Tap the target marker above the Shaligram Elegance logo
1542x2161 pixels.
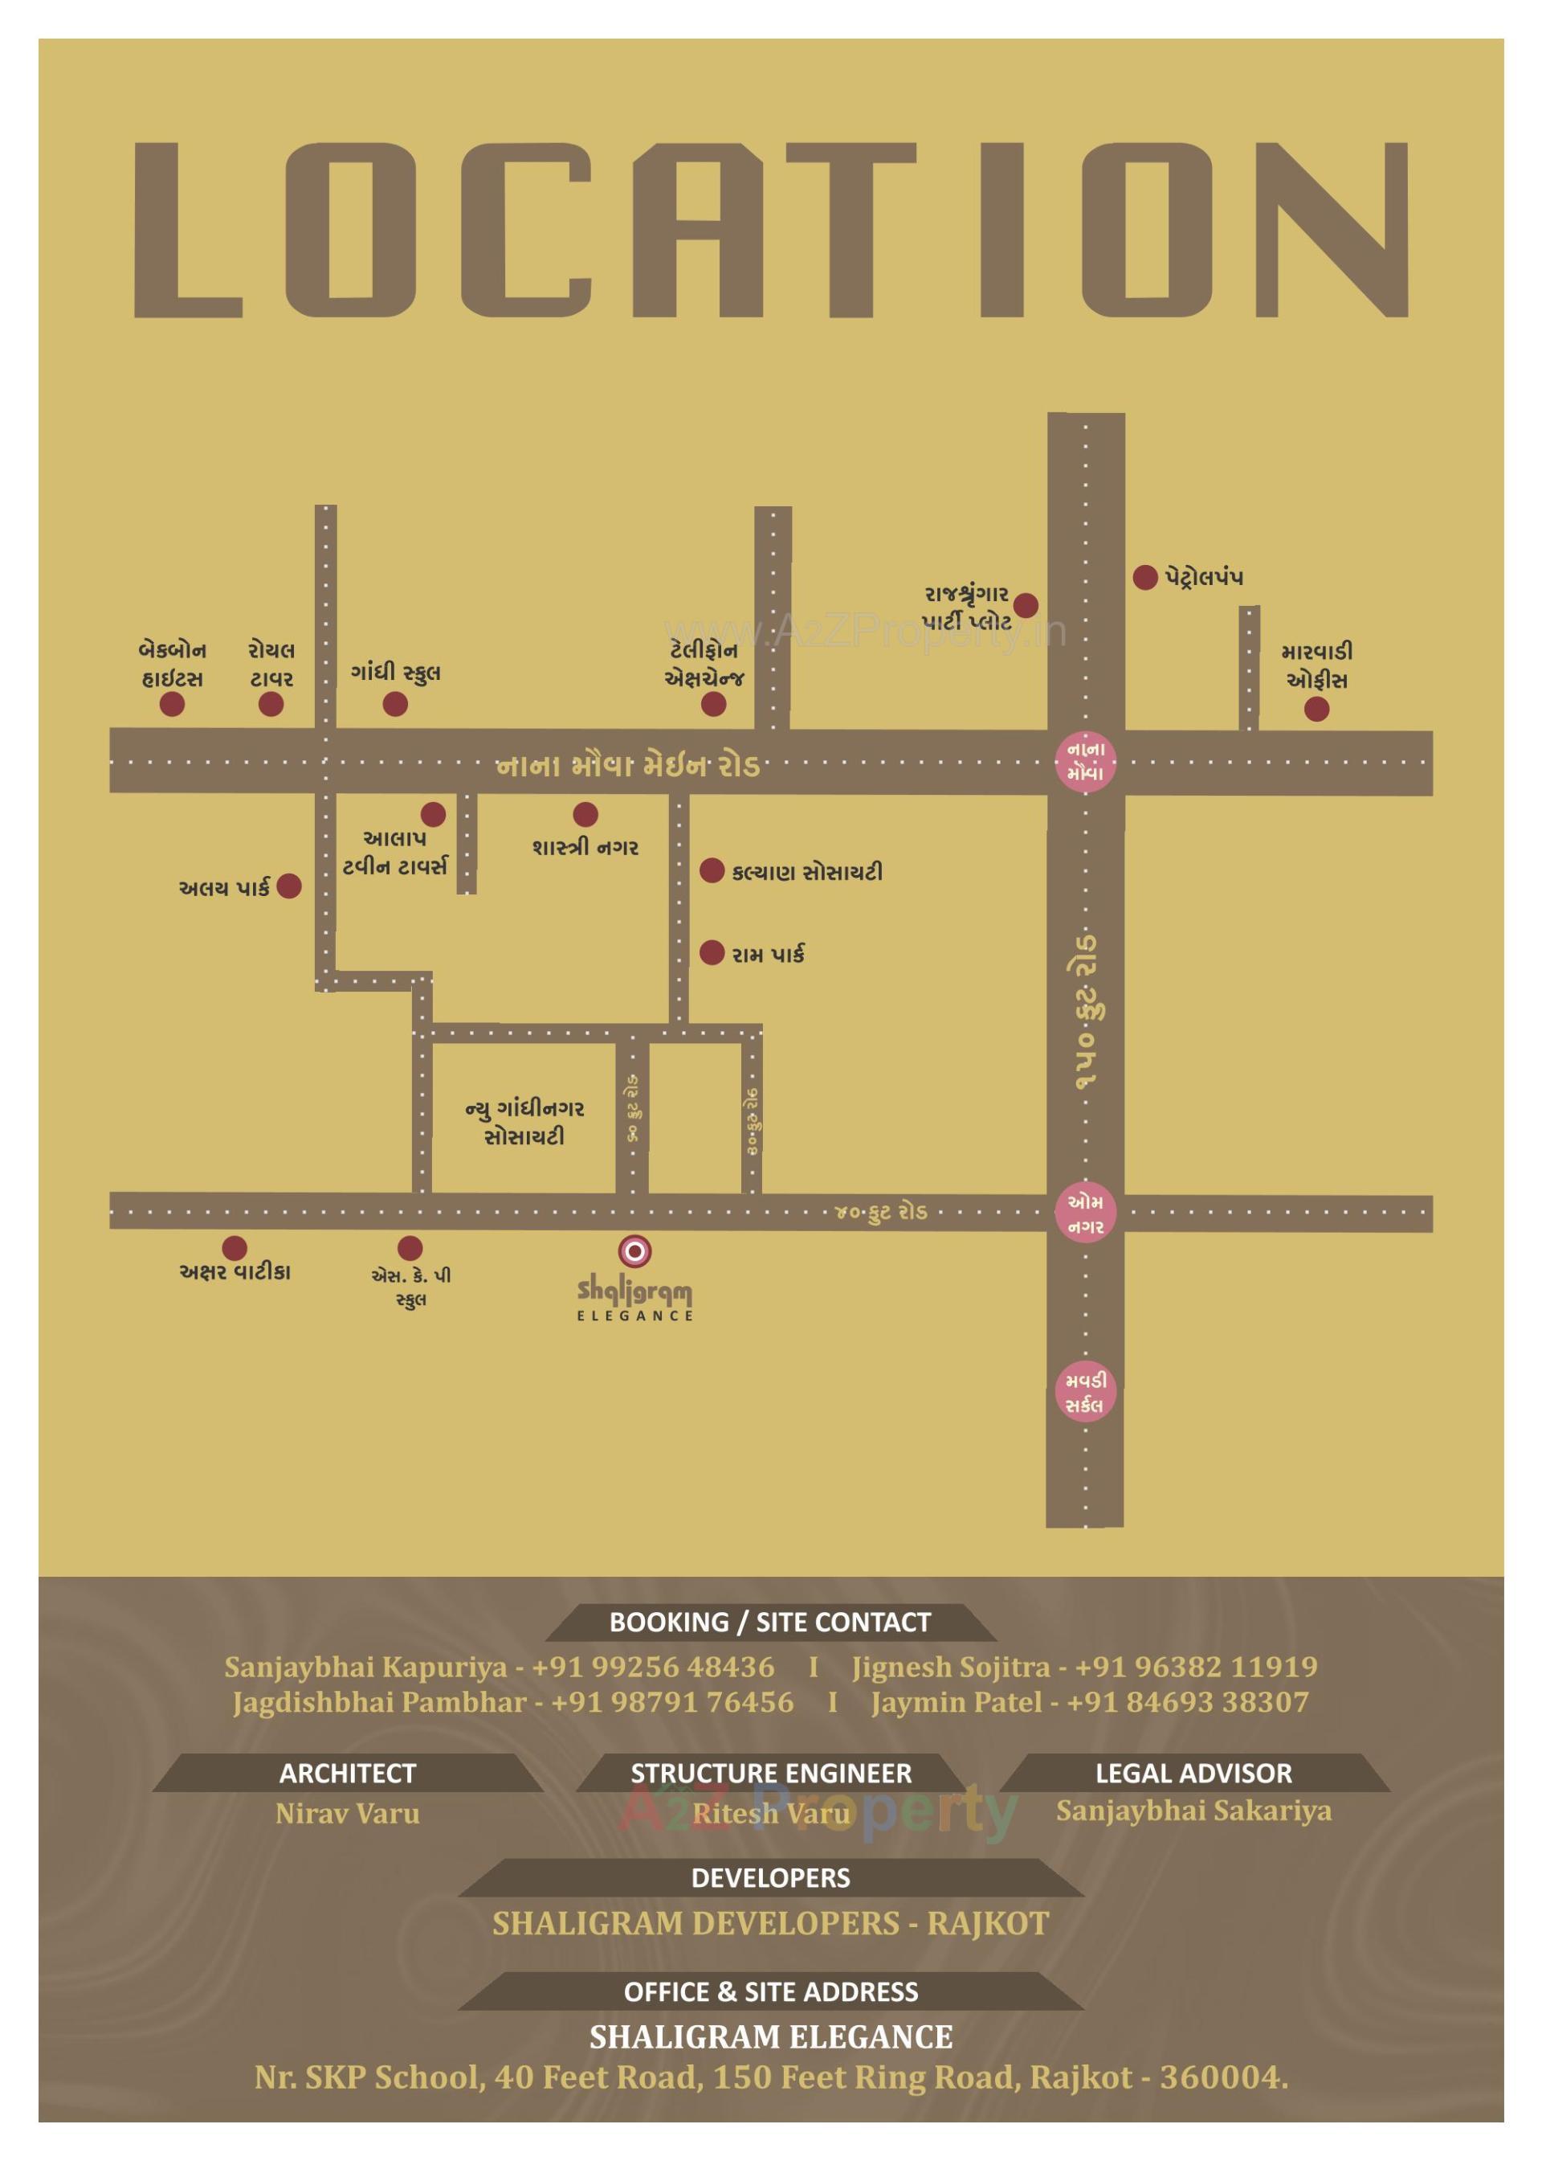(634, 1251)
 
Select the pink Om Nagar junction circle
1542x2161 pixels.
(1085, 1213)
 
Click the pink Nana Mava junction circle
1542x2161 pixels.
(1085, 761)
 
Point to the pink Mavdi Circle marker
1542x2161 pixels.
(1085, 1393)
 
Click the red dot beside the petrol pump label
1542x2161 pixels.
(1145, 576)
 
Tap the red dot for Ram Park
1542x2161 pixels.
(712, 953)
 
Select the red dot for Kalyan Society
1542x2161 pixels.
(712, 870)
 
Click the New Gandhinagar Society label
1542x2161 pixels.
(524, 1122)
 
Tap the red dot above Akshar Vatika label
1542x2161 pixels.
(235, 1247)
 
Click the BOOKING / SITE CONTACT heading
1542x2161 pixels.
(770, 1623)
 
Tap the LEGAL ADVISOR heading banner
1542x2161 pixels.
(1193, 1773)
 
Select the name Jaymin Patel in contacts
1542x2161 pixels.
(957, 1702)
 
